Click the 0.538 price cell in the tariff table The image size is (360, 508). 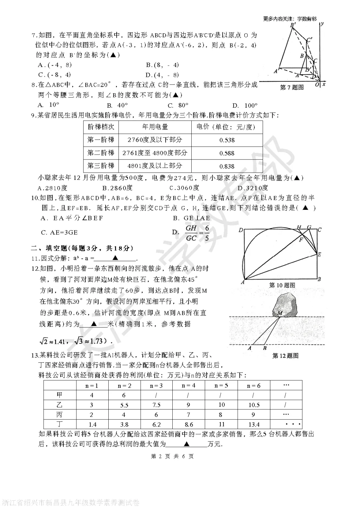pos(227,140)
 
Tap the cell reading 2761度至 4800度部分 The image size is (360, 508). pos(155,153)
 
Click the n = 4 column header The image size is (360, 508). pos(188,385)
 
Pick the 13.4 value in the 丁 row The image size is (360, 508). pos(254,424)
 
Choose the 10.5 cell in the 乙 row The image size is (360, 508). pos(254,405)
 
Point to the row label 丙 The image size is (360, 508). pos(59,415)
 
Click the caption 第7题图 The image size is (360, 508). pos(292,88)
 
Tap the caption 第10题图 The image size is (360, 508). pos(282,285)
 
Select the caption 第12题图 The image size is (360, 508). pos(285,356)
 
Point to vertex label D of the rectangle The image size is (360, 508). pos(241,230)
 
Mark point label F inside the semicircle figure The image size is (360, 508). pos(301,240)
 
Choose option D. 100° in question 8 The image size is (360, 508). pos(245,106)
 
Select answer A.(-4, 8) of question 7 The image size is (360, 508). pos(55,65)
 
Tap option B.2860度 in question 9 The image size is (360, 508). pos(117,188)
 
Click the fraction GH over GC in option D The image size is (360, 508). pos(191,233)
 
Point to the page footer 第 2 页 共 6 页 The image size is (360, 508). pos(172,456)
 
